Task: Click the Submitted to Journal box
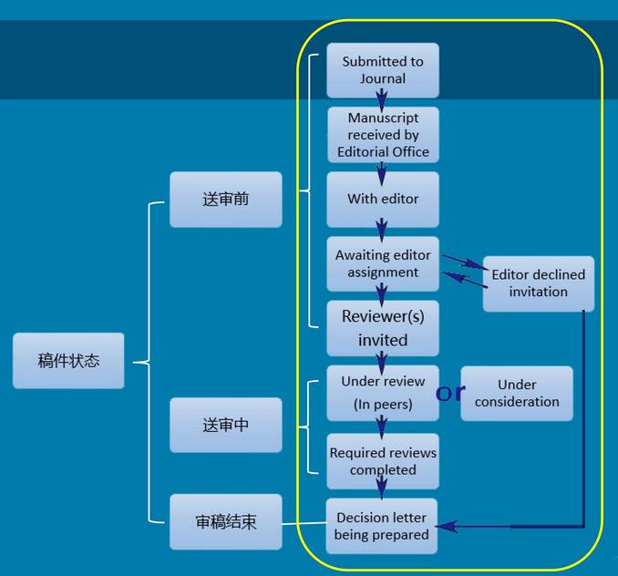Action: (x=383, y=70)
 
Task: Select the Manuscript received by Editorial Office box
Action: (x=383, y=135)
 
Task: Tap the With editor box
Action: (x=383, y=199)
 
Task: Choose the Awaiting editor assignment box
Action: (x=383, y=263)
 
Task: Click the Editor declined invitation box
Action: (x=538, y=283)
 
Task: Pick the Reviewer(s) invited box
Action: (x=383, y=328)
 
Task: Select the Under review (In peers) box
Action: (x=383, y=393)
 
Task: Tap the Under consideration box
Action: (x=517, y=393)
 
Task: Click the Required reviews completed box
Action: (x=383, y=461)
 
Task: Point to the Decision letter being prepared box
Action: (x=382, y=526)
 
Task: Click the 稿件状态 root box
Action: (x=68, y=361)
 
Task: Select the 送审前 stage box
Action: (x=225, y=199)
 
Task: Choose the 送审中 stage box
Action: (x=225, y=425)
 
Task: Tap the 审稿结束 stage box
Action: (x=225, y=522)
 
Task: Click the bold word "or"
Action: (x=449, y=393)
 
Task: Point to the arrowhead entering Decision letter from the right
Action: (x=453, y=527)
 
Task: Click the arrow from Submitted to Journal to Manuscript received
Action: (x=383, y=100)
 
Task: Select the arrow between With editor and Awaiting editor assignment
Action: (x=383, y=230)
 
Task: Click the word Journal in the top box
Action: (x=383, y=79)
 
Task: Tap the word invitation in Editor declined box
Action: (x=538, y=293)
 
